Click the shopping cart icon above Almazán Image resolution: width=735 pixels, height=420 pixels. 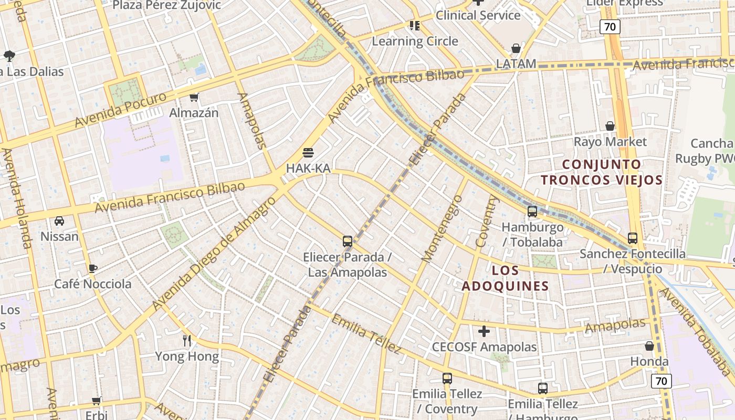194,97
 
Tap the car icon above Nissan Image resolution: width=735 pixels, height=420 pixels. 59,221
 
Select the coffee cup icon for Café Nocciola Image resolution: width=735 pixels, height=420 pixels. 93,268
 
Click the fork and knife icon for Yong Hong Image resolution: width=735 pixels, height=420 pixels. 187,340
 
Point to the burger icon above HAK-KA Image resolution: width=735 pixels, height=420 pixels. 308,153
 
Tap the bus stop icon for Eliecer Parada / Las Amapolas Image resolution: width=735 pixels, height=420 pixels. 347,241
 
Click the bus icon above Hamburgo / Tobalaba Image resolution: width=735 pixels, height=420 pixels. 532,212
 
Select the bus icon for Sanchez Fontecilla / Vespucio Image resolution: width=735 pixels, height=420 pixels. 633,238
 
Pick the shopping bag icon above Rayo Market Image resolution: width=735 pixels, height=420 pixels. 610,126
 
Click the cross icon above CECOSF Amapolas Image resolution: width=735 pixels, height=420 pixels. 484,331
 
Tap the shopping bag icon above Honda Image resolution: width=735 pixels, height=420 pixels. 649,346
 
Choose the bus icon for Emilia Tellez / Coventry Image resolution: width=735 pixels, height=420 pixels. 447,378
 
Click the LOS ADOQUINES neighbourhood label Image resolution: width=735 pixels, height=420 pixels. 505,278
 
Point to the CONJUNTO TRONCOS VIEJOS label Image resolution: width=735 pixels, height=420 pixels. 602,172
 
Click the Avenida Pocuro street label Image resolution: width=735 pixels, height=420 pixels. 120,110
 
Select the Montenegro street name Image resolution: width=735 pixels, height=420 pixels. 442,228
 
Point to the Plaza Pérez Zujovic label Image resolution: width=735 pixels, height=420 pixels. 167,6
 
